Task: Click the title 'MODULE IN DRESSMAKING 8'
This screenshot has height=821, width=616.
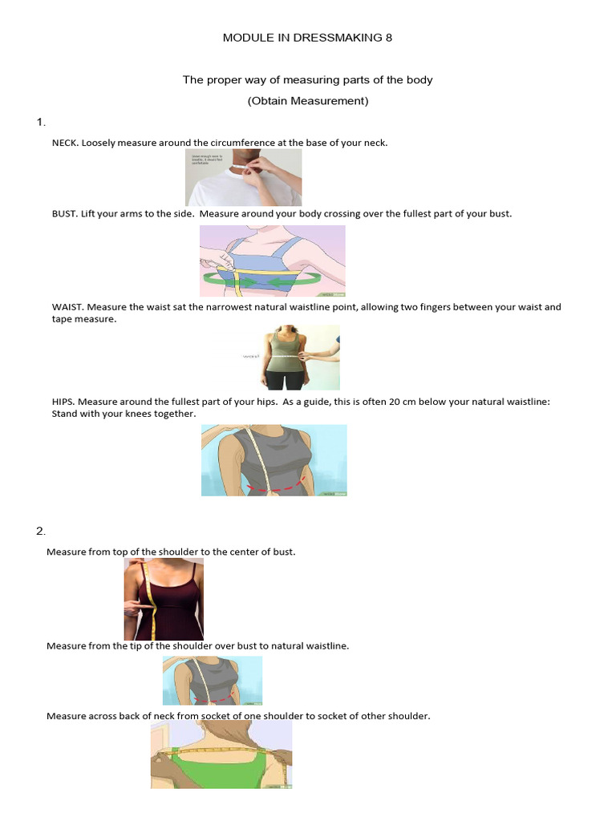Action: pos(307,38)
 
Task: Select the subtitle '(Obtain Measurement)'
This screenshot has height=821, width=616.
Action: pos(307,100)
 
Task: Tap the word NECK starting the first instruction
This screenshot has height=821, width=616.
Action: pos(65,143)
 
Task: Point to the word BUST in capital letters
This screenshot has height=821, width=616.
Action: pos(64,214)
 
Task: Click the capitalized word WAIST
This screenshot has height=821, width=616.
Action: pos(67,307)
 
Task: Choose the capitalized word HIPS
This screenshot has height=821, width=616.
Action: pos(63,402)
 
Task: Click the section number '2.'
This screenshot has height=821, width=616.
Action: pos(41,532)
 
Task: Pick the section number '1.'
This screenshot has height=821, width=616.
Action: pos(41,122)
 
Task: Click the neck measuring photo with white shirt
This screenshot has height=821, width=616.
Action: pos(243,177)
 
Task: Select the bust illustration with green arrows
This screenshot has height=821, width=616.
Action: pos(272,261)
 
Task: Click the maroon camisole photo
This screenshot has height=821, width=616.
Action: pos(164,599)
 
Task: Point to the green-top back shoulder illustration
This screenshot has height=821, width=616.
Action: pos(221,754)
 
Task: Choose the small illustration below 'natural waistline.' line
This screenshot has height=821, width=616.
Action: pos(212,680)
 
